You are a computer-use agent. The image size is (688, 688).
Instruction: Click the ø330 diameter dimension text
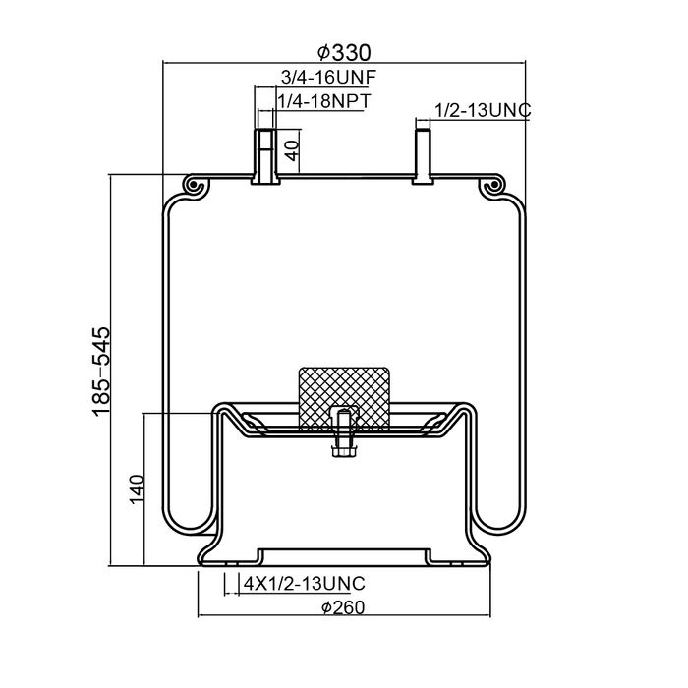(x=344, y=52)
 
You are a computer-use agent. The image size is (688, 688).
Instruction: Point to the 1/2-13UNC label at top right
(x=483, y=111)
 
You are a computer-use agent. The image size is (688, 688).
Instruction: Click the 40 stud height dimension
(x=291, y=150)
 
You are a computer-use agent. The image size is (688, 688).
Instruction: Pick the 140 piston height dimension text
(x=137, y=488)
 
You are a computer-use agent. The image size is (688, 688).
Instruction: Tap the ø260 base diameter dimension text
(x=343, y=606)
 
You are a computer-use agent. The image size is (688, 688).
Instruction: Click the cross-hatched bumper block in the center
(x=344, y=396)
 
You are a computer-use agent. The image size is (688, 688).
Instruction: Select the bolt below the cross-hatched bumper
(x=343, y=435)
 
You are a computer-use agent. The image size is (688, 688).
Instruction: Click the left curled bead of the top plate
(x=195, y=186)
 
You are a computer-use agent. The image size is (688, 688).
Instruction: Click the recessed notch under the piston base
(x=343, y=555)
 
